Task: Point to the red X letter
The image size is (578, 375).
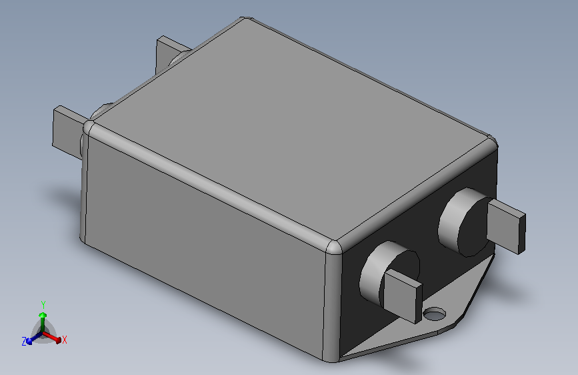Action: (x=65, y=340)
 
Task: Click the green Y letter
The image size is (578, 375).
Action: (x=43, y=304)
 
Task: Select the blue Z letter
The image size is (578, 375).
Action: (x=24, y=341)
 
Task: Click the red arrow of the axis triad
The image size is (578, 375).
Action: (x=57, y=340)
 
